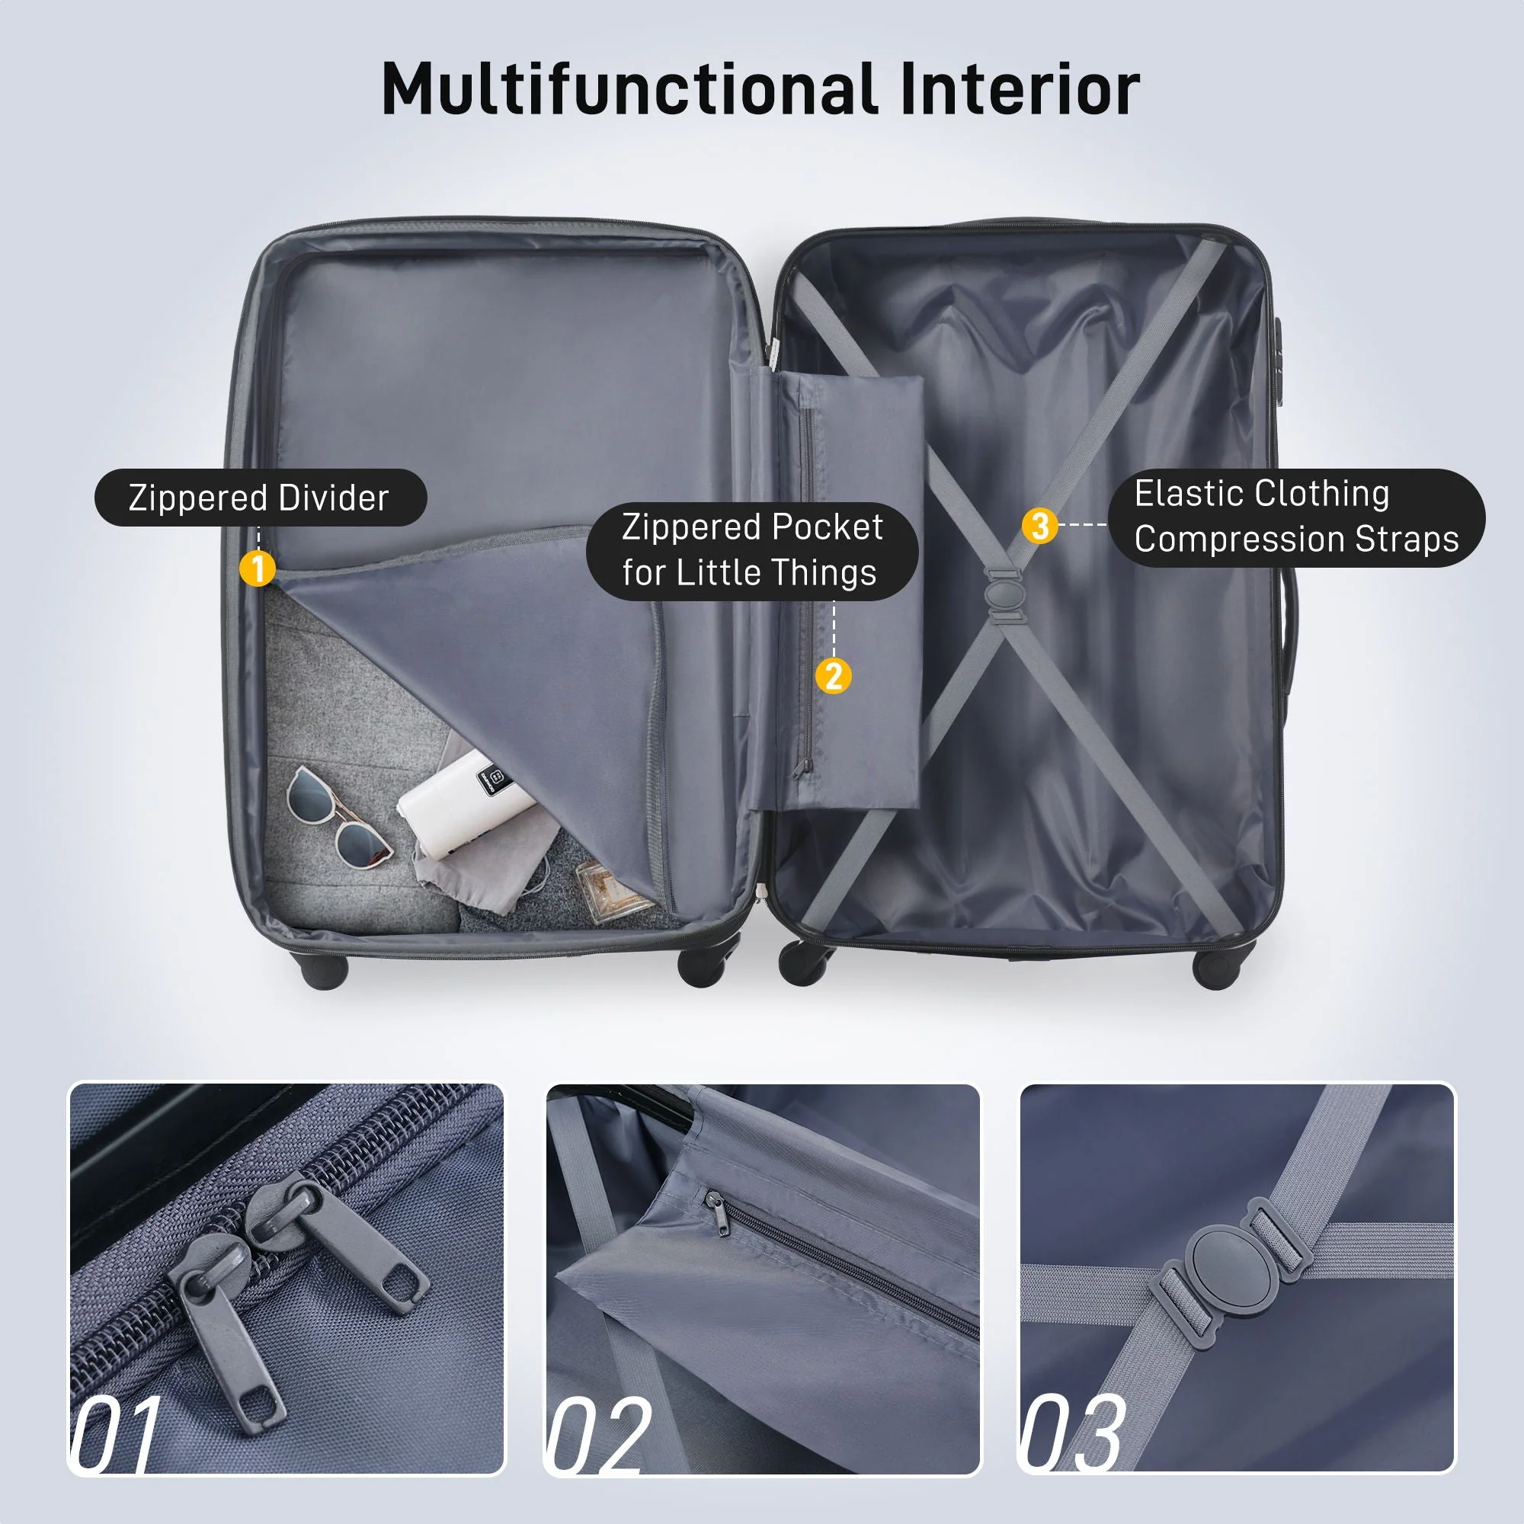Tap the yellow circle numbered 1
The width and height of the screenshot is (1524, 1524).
click(257, 568)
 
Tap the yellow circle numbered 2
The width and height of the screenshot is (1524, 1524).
click(833, 676)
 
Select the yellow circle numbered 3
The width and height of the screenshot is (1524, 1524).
click(1039, 525)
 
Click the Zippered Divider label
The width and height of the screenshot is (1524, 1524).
click(261, 498)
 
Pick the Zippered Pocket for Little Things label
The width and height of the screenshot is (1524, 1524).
click(752, 550)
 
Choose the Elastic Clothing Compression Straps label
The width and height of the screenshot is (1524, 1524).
click(1295, 517)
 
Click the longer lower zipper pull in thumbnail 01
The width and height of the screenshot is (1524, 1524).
click(229, 1341)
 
